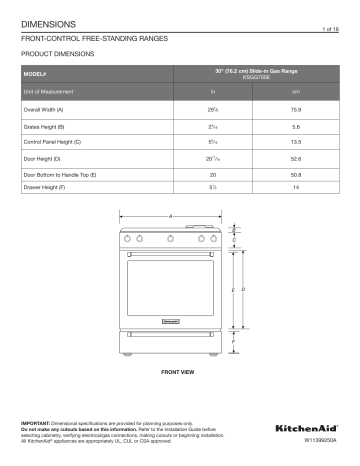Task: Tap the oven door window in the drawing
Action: (x=170, y=285)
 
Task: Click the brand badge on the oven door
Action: (x=170, y=321)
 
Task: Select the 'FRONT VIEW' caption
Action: (x=176, y=371)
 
